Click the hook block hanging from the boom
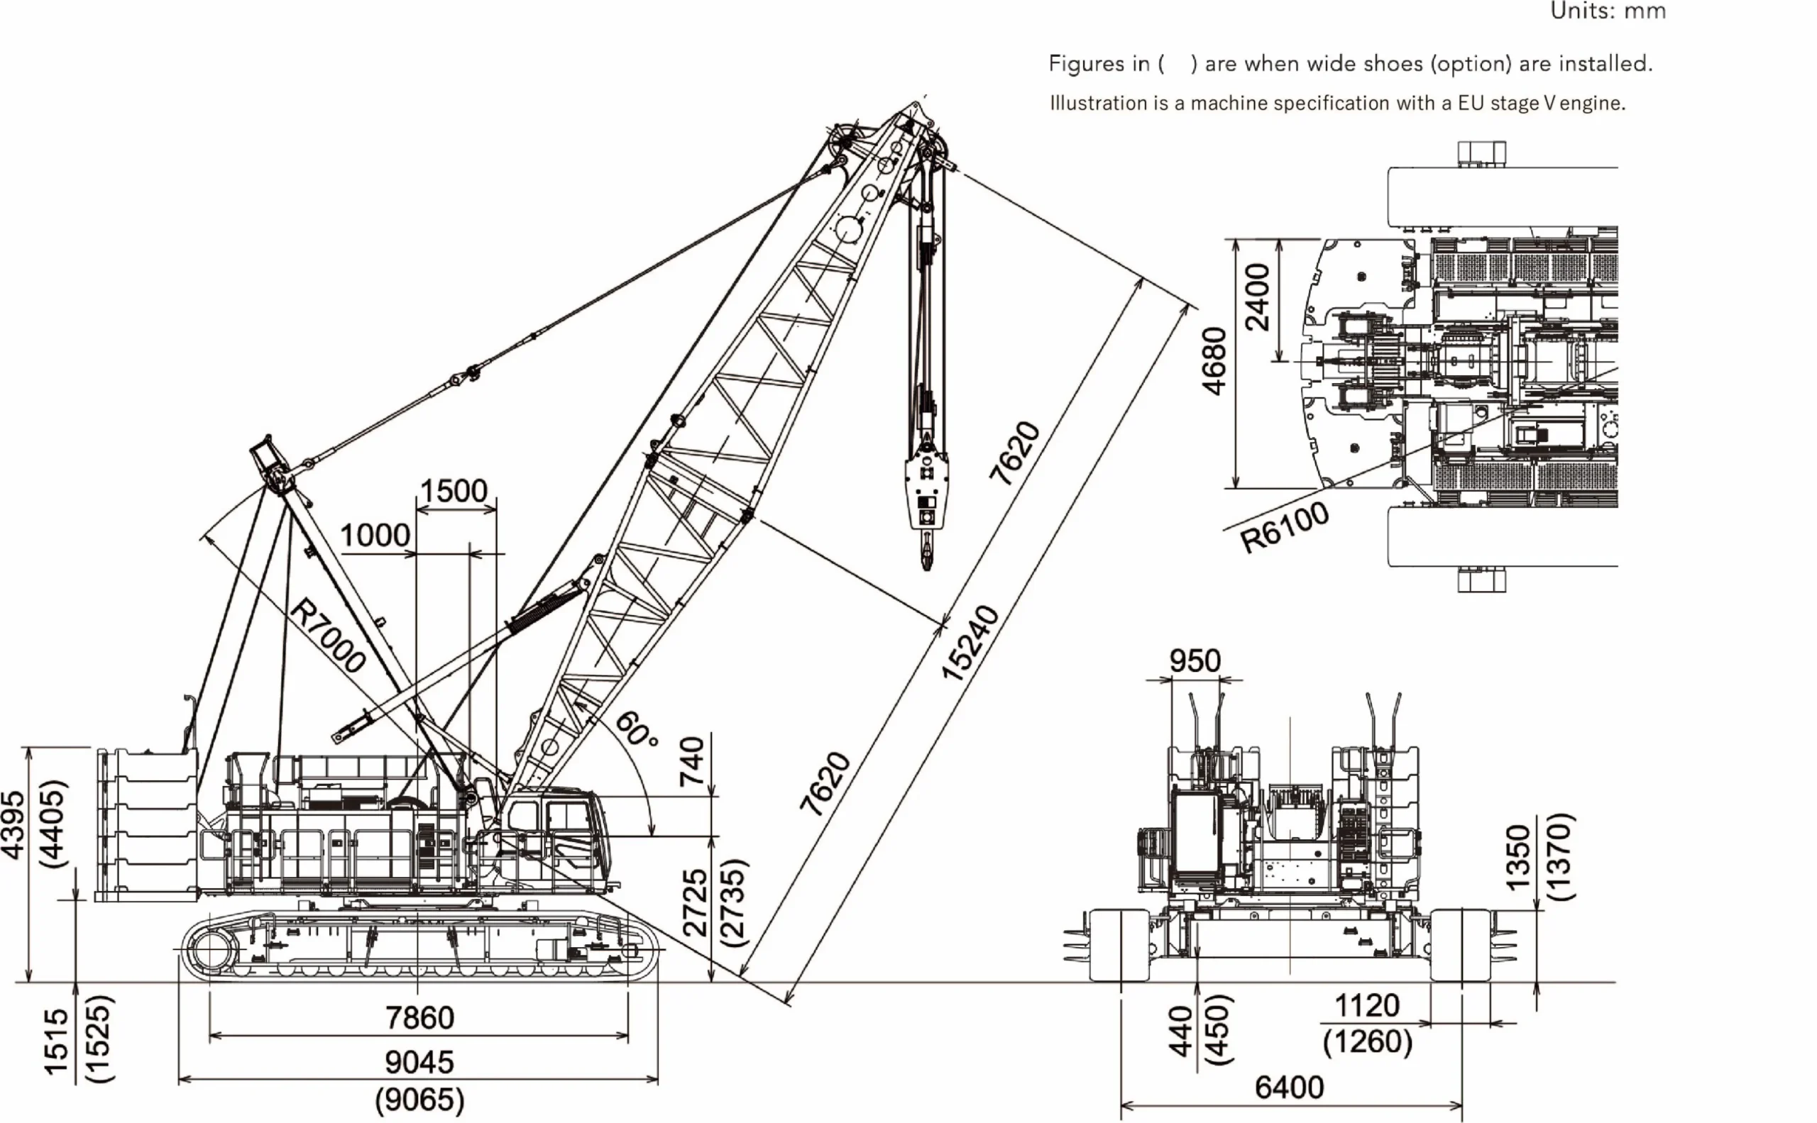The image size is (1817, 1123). (x=926, y=490)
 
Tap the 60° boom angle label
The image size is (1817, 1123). (x=637, y=729)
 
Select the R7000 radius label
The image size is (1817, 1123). (x=328, y=636)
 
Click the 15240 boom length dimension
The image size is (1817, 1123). (x=970, y=643)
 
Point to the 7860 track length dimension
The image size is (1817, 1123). (x=419, y=1017)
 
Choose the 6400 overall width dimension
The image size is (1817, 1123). (x=1290, y=1088)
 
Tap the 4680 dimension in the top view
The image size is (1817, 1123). (x=1214, y=361)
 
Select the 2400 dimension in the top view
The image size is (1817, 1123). (x=1258, y=297)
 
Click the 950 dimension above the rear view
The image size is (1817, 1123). (x=1195, y=661)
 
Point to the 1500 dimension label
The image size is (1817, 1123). (x=454, y=491)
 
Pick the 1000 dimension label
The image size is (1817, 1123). (x=375, y=536)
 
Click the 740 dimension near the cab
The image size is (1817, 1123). (x=692, y=761)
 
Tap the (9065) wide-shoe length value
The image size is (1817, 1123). (x=419, y=1100)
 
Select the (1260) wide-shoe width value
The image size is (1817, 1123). (x=1368, y=1041)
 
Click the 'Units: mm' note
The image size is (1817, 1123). (x=1608, y=11)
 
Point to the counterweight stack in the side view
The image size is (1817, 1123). (x=146, y=824)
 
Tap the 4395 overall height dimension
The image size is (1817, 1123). (x=14, y=825)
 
